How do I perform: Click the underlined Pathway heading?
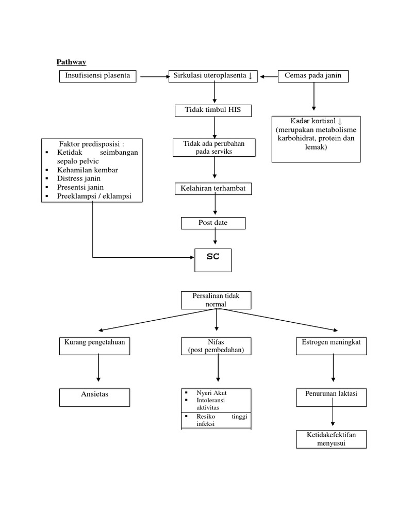point(71,62)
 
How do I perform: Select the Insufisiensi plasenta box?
point(98,76)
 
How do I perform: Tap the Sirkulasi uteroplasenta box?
point(213,76)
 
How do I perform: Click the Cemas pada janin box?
point(313,76)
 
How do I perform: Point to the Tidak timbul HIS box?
point(212,110)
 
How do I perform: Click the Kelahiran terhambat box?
point(213,189)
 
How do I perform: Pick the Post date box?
point(213,223)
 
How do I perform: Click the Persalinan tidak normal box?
point(216,300)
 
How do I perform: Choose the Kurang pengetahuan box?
point(95,346)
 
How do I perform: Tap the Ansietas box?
point(94,397)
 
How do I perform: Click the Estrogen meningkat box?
point(332,346)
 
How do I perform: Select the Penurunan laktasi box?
point(332,397)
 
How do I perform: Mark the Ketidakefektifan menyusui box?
point(332,439)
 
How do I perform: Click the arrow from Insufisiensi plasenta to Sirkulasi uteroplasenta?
point(154,77)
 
